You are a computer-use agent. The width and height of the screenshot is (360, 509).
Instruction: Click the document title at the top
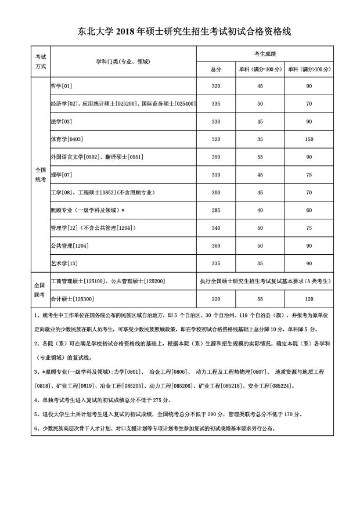(x=180, y=33)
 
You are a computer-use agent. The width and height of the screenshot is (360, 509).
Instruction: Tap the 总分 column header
(x=216, y=69)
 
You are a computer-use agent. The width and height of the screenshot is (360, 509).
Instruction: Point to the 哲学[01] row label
(x=62, y=86)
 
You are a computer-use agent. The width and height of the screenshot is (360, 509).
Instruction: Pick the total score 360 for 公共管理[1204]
(x=216, y=246)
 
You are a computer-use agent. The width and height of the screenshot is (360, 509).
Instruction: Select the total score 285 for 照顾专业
(x=216, y=210)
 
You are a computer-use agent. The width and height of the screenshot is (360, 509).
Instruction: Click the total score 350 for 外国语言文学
(x=216, y=157)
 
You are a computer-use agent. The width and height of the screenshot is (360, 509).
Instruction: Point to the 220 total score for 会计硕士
(x=216, y=299)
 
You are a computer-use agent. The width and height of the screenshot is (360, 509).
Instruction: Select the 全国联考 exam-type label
(x=39, y=290)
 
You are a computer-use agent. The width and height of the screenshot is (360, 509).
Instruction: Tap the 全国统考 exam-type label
(x=39, y=175)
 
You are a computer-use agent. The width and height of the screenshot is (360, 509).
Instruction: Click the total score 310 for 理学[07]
(x=216, y=175)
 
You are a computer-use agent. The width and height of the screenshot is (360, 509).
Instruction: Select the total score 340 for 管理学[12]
(x=216, y=228)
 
